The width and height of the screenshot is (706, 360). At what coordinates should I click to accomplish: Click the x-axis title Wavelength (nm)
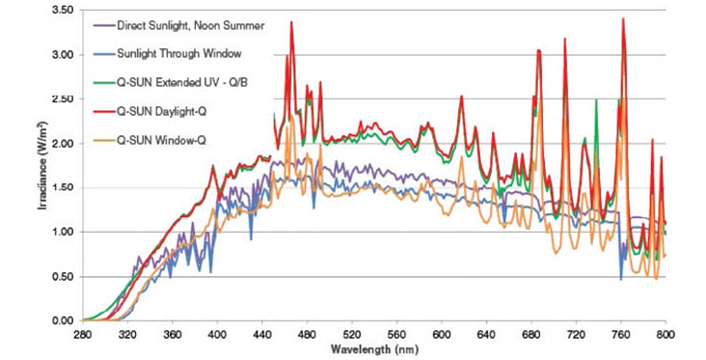374,349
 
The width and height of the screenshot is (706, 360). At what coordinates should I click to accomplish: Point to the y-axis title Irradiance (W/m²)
43,165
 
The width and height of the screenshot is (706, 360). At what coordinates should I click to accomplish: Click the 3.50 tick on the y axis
64,10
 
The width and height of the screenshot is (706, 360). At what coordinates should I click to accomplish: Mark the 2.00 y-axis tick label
64,143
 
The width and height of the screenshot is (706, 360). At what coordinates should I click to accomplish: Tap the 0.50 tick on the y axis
64,277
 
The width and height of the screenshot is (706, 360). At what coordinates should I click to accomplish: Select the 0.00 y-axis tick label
64,320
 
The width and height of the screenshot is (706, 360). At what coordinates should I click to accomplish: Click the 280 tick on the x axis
83,334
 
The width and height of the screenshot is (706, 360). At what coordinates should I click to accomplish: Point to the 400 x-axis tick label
217,334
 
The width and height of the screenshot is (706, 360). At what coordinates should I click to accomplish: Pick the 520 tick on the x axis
352,334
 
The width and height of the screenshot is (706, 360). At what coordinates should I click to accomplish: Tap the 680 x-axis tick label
531,334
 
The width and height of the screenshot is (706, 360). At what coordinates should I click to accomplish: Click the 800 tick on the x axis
665,334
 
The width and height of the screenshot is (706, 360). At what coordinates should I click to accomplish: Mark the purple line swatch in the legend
103,26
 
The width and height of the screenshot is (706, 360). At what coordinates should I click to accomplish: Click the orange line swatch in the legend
103,141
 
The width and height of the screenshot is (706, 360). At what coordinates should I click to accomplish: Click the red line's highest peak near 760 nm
623,18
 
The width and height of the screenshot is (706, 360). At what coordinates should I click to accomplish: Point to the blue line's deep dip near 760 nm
621,280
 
